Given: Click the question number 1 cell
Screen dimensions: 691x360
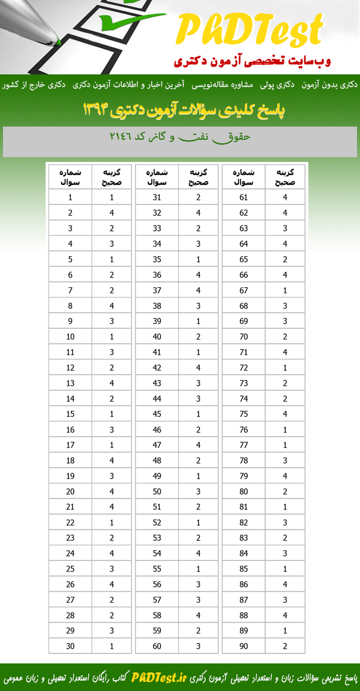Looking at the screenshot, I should click(x=70, y=197).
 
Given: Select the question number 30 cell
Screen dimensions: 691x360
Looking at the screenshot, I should click(x=70, y=645).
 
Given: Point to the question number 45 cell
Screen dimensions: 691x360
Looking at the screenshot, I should click(x=157, y=413).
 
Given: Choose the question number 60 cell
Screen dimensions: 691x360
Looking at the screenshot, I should click(x=157, y=645).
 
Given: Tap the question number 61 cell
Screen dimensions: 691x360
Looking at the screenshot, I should click(x=244, y=197).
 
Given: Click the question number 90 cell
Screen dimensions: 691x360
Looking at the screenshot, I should click(x=244, y=645).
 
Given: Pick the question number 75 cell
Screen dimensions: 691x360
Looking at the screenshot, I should click(x=244, y=413).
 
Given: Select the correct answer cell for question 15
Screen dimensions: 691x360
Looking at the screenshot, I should click(x=112, y=413).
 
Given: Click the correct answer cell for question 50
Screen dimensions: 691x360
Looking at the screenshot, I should click(x=199, y=491).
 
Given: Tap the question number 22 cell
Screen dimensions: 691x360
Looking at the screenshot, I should click(x=70, y=522).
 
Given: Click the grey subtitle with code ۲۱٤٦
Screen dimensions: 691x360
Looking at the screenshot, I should click(x=180, y=137).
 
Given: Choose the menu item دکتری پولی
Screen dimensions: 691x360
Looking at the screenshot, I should click(x=280, y=85).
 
